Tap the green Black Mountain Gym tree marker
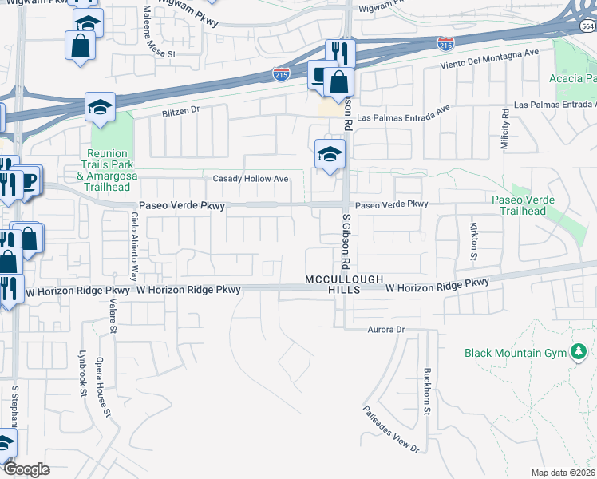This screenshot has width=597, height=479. pos(579,352)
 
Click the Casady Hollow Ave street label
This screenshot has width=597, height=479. pos(251,179)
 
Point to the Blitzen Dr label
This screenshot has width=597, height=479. pos(180,110)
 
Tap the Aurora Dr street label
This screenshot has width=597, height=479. pos(387,329)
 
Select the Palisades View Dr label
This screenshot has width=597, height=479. pos(392,427)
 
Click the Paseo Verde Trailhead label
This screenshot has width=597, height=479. pos(519,205)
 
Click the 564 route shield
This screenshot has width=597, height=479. pos(587,26)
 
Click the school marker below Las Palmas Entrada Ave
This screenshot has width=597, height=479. pos(330,153)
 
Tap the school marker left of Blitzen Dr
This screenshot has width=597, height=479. pos(101,106)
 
